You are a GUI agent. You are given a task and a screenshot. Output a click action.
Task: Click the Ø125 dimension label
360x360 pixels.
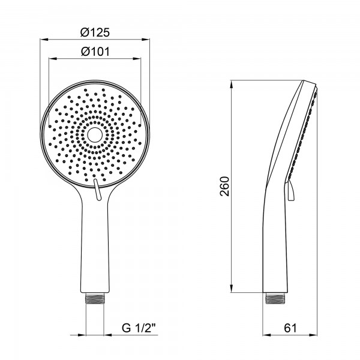tap(95, 32)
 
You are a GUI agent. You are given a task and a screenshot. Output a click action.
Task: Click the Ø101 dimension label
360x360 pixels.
tap(95, 52)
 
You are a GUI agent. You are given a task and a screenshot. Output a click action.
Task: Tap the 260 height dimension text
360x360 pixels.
tap(224, 186)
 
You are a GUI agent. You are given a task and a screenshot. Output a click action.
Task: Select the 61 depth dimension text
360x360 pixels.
tap(290, 328)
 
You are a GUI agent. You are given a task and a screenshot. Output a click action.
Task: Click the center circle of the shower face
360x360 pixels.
tap(95, 135)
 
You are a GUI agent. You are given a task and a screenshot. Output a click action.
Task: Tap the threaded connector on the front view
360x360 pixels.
tap(95, 298)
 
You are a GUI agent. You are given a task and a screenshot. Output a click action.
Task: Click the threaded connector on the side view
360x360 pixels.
tap(275, 298)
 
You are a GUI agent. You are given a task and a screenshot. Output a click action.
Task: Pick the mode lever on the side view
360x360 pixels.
tap(290, 191)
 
